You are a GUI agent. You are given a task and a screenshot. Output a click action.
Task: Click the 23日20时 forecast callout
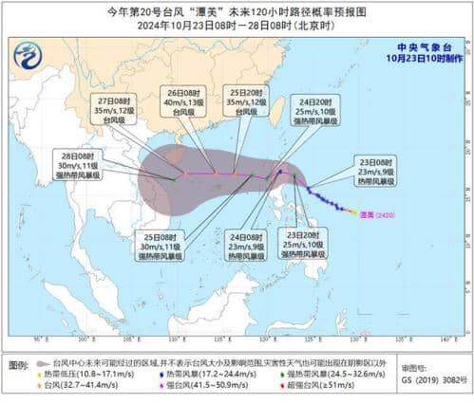click(305, 242)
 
